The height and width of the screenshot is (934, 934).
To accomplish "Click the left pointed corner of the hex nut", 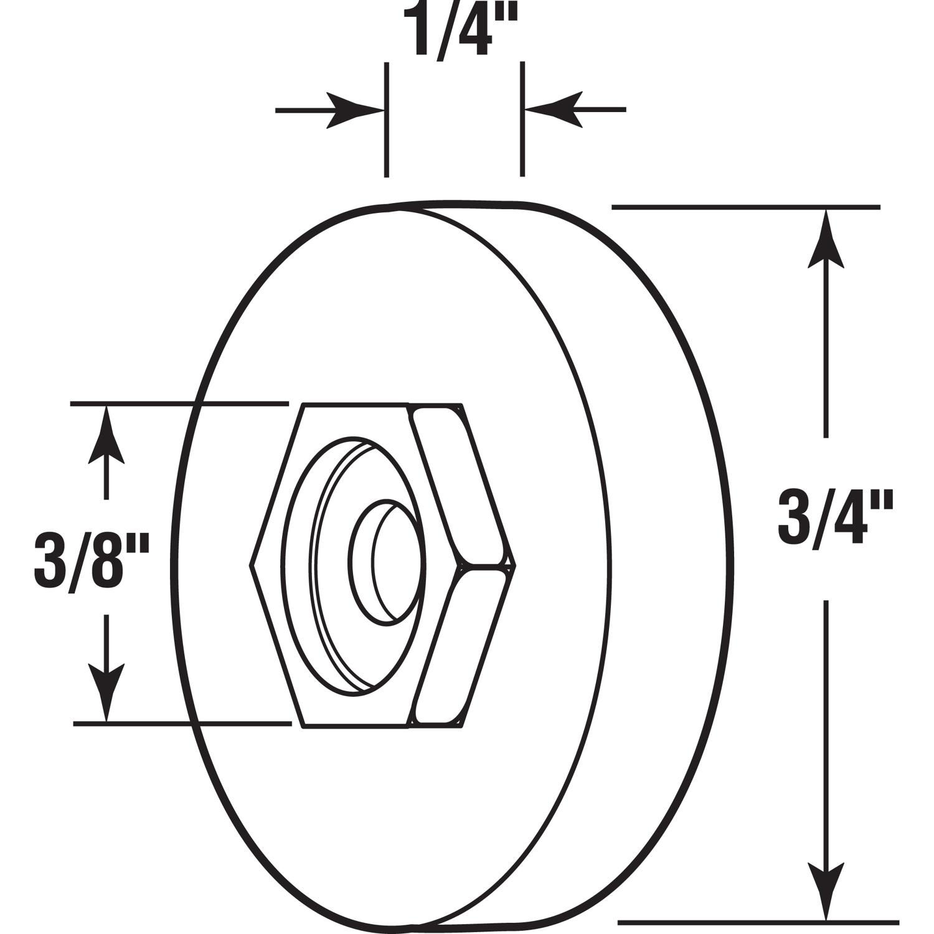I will [x=252, y=565].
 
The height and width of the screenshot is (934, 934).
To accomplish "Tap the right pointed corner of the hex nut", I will [x=514, y=565].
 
